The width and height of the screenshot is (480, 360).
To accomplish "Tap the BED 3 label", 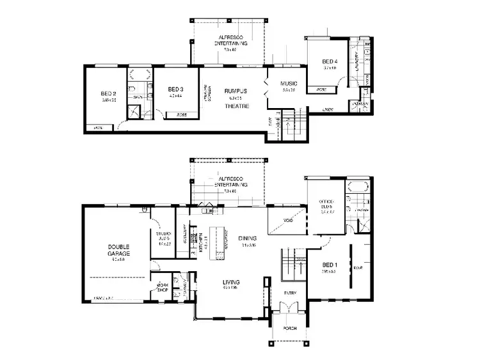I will [175, 89].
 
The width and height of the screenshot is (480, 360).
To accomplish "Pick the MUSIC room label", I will [288, 84].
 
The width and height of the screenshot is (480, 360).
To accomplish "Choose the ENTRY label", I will [291, 293].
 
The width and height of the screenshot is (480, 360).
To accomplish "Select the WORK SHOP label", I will [163, 286].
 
